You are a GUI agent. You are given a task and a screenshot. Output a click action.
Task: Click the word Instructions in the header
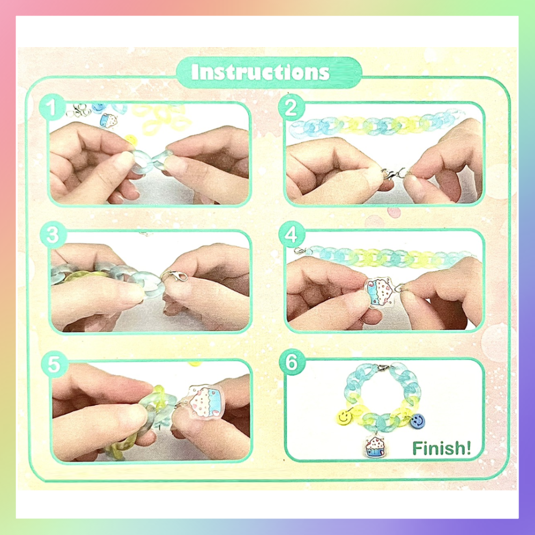point(261,72)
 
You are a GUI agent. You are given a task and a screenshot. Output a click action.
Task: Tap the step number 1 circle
point(52,107)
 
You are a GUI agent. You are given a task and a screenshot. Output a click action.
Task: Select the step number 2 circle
point(291,107)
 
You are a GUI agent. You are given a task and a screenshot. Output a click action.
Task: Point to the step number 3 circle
point(53,235)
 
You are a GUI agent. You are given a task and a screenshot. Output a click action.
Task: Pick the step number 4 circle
point(291,234)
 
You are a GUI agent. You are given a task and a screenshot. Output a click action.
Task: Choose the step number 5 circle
point(54,364)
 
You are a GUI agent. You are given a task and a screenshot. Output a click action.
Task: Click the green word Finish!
point(441,448)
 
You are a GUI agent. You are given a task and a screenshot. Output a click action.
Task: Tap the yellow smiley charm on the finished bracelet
point(344,417)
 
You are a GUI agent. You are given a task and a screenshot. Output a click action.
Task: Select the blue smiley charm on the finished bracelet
point(417,421)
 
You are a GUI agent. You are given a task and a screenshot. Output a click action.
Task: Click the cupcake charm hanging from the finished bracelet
point(375,446)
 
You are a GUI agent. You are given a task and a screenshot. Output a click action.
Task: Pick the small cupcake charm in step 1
point(108,120)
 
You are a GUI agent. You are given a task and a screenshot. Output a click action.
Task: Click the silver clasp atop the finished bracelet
point(383,368)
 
